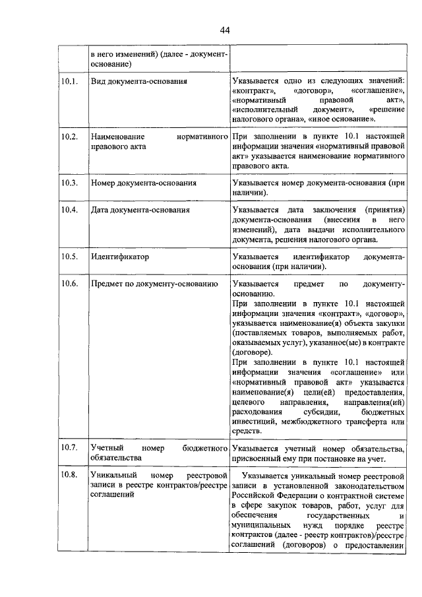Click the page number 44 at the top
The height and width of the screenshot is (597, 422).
click(x=224, y=30)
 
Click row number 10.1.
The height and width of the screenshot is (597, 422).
click(x=69, y=81)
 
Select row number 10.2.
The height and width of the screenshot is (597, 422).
click(x=69, y=136)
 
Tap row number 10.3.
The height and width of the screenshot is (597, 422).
click(x=69, y=182)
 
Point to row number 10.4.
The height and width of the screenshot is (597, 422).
click(x=69, y=210)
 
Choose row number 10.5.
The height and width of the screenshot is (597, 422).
click(x=69, y=256)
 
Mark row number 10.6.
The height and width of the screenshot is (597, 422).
click(x=69, y=284)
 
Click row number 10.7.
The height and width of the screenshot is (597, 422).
click(x=69, y=447)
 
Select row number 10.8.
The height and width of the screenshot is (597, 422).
click(x=69, y=475)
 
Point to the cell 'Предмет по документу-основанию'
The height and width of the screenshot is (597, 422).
click(x=154, y=284)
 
